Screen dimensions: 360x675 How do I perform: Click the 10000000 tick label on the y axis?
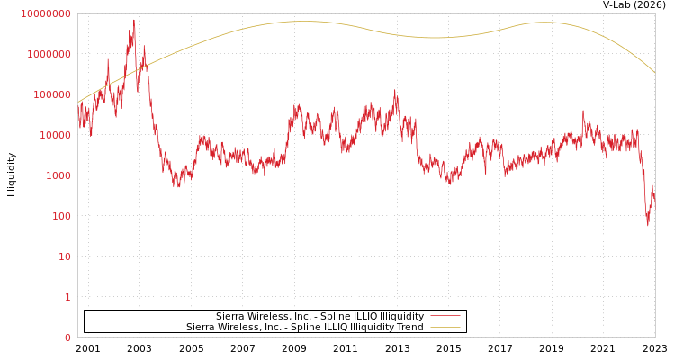pos(46,13)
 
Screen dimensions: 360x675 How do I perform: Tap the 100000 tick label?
pos(51,94)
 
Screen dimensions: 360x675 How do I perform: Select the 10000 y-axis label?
pos(54,135)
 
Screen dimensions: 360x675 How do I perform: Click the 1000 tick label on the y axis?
pos(57,175)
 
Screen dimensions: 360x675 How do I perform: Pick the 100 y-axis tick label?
pos(59,216)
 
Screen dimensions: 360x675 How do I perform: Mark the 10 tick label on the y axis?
pos(63,256)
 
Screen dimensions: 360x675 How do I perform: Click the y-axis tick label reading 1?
pos(67,297)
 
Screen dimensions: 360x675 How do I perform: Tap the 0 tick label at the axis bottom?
pos(67,337)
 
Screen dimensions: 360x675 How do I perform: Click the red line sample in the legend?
pos(445,316)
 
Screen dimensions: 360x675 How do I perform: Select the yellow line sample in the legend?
pos(445,327)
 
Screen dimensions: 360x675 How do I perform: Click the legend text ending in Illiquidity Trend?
pos(304,327)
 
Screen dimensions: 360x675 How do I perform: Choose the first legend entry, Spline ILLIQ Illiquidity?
pos(319,316)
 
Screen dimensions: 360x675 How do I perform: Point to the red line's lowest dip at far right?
pos(647,224)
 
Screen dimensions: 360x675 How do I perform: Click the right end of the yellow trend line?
pos(654,72)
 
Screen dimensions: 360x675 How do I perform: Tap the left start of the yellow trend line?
pos(78,102)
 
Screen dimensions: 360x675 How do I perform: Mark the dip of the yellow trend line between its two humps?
pos(435,38)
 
